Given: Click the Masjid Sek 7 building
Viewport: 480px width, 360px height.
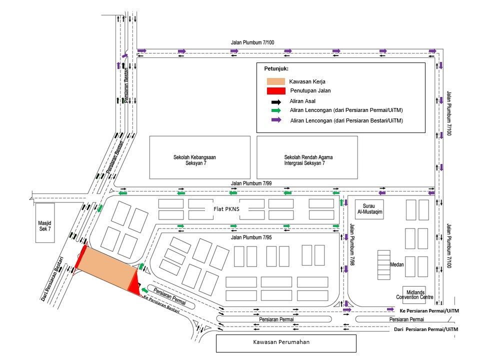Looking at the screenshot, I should [x=44, y=223].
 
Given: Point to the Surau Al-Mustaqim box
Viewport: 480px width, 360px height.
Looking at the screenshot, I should [x=369, y=209].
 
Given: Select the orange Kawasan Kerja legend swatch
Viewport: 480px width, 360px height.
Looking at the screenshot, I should [x=275, y=81].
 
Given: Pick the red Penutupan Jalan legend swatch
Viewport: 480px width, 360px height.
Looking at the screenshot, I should [x=275, y=90].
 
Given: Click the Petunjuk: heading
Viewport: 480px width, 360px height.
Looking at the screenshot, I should [x=276, y=68].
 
